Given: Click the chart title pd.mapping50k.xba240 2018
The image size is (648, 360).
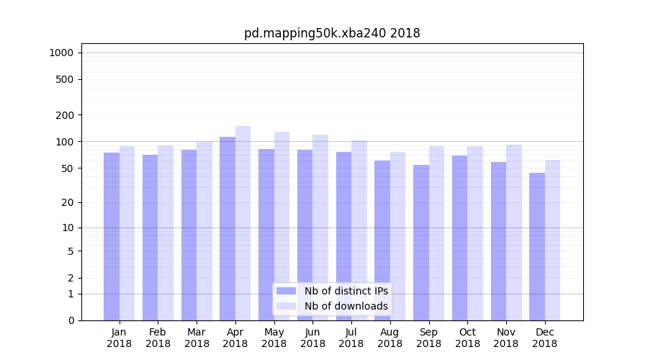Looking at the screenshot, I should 332,33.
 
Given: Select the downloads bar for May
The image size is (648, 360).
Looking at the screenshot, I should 282,226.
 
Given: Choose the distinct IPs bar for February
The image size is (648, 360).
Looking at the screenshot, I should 150,238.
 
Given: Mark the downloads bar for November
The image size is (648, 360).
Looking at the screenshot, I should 514,233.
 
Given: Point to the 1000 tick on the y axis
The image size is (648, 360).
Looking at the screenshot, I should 61,53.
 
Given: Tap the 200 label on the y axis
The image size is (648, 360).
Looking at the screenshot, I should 64,115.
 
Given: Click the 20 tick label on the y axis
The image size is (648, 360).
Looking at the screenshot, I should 67,202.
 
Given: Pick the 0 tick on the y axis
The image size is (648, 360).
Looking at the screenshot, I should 70,320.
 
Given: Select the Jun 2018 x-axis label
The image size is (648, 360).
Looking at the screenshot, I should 312,338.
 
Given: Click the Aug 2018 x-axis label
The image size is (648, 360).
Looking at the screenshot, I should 390,338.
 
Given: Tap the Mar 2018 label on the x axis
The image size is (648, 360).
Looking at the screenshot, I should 197,338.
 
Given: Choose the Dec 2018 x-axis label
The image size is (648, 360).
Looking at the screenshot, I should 544,338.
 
